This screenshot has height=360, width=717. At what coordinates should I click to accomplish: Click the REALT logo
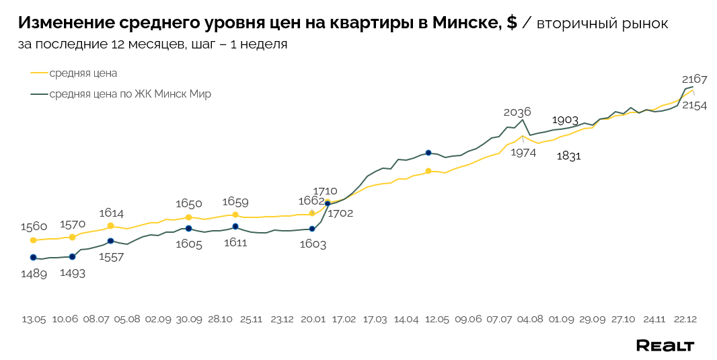pos(665,345)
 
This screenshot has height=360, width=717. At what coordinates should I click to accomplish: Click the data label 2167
pos(694,79)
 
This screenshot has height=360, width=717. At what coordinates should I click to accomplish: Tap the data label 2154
pos(694,106)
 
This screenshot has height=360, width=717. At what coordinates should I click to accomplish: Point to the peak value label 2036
pos(517,112)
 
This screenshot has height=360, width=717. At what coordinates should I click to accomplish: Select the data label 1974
pos(523,153)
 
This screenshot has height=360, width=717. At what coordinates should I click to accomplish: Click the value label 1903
pos(565,120)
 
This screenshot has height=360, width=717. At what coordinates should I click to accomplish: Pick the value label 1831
pos(568,156)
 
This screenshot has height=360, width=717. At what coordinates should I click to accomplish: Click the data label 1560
pos(34,226)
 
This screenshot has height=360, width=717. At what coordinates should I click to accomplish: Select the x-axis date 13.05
pos(34,319)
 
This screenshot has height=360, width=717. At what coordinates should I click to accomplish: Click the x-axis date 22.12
pos(685,319)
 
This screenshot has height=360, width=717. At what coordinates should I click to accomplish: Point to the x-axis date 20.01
pos(313,319)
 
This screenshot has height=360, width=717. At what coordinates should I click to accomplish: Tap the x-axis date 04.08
pos(530,319)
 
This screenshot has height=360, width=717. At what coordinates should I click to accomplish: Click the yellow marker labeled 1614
pos(111,226)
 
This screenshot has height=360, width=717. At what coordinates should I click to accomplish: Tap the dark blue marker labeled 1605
pos(188,229)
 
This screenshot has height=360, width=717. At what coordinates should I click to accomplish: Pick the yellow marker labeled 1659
pos(235,215)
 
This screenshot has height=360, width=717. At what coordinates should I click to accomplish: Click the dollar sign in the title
pos(512,23)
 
